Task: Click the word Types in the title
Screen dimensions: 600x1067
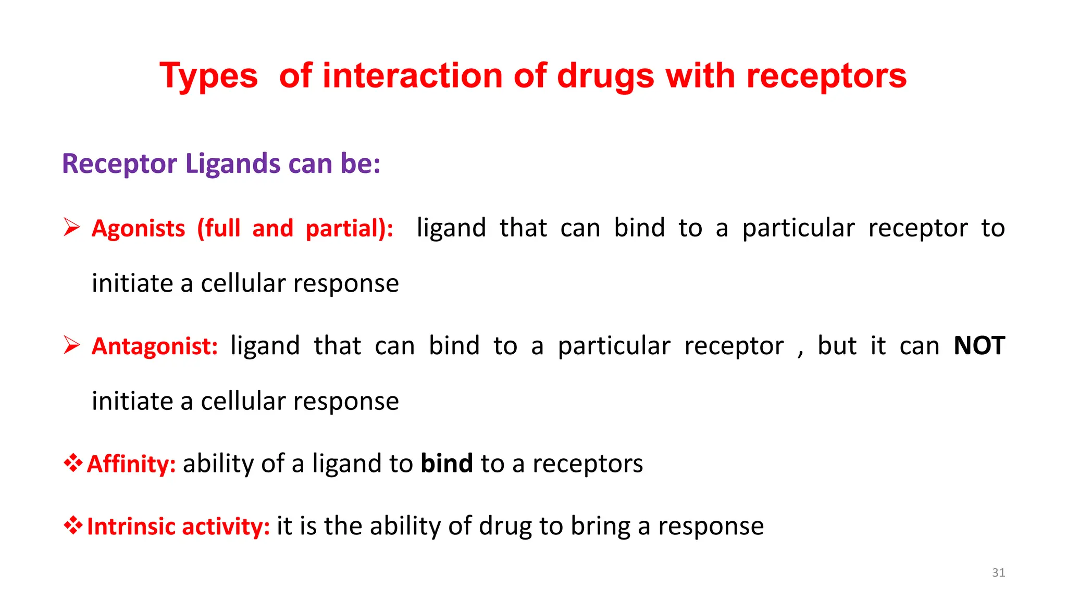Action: (x=208, y=77)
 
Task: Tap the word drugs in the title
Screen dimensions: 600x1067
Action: (x=605, y=77)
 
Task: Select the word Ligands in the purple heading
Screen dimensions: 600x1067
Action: (x=233, y=164)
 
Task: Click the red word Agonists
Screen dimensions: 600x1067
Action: (x=138, y=229)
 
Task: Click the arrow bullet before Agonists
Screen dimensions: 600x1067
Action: (x=71, y=228)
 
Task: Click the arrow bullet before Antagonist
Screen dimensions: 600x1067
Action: (x=71, y=345)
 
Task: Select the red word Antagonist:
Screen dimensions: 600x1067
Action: (x=155, y=346)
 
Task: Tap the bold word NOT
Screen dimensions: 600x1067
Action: (x=979, y=346)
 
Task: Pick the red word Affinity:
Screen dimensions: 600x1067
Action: (x=131, y=464)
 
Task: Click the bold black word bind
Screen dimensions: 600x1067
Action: (x=446, y=463)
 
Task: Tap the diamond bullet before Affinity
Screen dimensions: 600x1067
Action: (x=73, y=463)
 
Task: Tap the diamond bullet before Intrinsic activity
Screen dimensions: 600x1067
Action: (x=73, y=525)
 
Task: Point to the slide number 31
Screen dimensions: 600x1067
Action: (x=998, y=572)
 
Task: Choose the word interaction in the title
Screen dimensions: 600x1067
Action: (x=415, y=77)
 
